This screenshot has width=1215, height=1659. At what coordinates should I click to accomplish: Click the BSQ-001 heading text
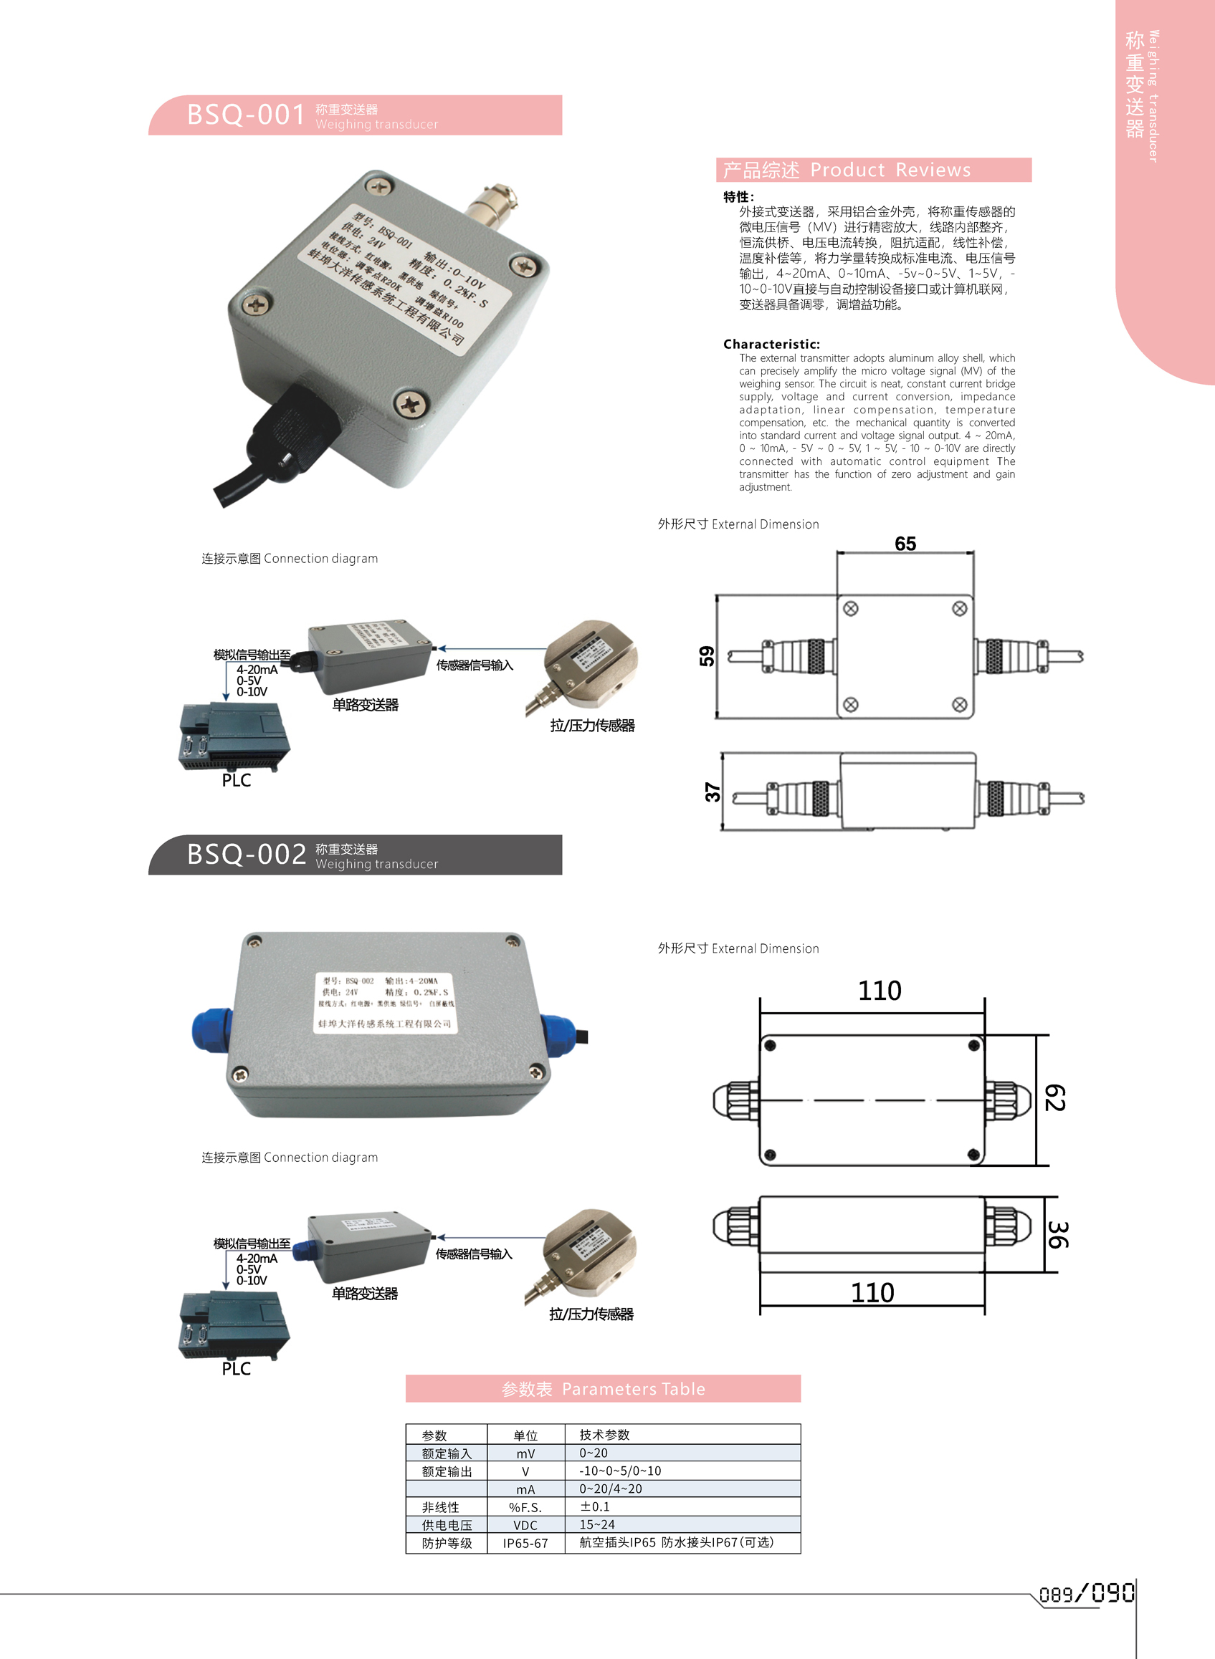pyautogui.click(x=246, y=115)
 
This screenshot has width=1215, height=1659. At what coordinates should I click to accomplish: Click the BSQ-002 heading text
pyautogui.click(x=246, y=854)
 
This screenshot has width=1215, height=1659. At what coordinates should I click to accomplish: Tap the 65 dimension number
pyautogui.click(x=905, y=543)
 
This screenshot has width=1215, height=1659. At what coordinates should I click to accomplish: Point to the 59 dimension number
pyautogui.click(x=707, y=655)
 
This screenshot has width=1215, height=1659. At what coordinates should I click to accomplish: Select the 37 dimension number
pyautogui.click(x=712, y=792)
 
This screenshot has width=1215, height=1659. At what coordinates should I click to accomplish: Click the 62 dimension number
pyautogui.click(x=1054, y=1098)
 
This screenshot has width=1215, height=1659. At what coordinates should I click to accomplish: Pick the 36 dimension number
pyautogui.click(x=1057, y=1235)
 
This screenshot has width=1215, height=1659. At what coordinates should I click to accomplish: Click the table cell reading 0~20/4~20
pyautogui.click(x=611, y=1489)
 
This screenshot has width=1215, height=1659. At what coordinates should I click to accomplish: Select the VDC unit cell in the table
pyautogui.click(x=525, y=1525)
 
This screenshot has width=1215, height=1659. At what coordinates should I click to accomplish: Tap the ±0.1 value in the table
pyautogui.click(x=595, y=1507)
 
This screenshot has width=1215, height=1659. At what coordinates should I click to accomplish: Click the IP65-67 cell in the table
pyautogui.click(x=525, y=1543)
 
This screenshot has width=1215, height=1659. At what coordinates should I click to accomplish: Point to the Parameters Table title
pyautogui.click(x=603, y=1388)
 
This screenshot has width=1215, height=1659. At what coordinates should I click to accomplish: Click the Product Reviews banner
pyautogui.click(x=873, y=170)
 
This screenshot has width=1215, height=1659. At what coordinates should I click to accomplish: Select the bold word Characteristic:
pyautogui.click(x=771, y=344)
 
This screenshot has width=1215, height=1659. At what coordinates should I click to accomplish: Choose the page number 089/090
pyautogui.click(x=1086, y=1594)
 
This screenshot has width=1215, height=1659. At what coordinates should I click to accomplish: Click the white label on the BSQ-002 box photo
pyautogui.click(x=385, y=1003)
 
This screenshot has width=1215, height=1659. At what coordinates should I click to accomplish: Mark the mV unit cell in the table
pyautogui.click(x=525, y=1453)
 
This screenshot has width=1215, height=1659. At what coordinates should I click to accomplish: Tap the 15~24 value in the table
pyautogui.click(x=596, y=1524)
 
